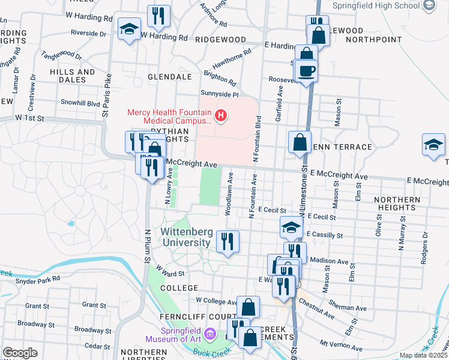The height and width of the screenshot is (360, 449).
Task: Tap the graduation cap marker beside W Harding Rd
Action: coord(129,29)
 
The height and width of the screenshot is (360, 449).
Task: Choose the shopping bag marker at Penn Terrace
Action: coord(300,143)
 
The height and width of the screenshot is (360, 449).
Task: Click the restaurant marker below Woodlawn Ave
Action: coord(228,241)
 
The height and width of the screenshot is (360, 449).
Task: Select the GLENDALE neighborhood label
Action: coord(167,77)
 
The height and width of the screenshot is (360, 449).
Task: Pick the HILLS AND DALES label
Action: coord(73,76)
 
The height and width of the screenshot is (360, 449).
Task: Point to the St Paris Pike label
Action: coord(106,95)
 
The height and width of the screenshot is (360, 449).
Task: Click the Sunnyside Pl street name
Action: coord(220,95)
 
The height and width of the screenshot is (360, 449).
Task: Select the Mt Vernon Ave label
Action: coord(341,346)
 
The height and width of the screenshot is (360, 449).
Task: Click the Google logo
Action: coord(20,352)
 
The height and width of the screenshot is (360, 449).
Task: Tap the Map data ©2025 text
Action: coord(423,355)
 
